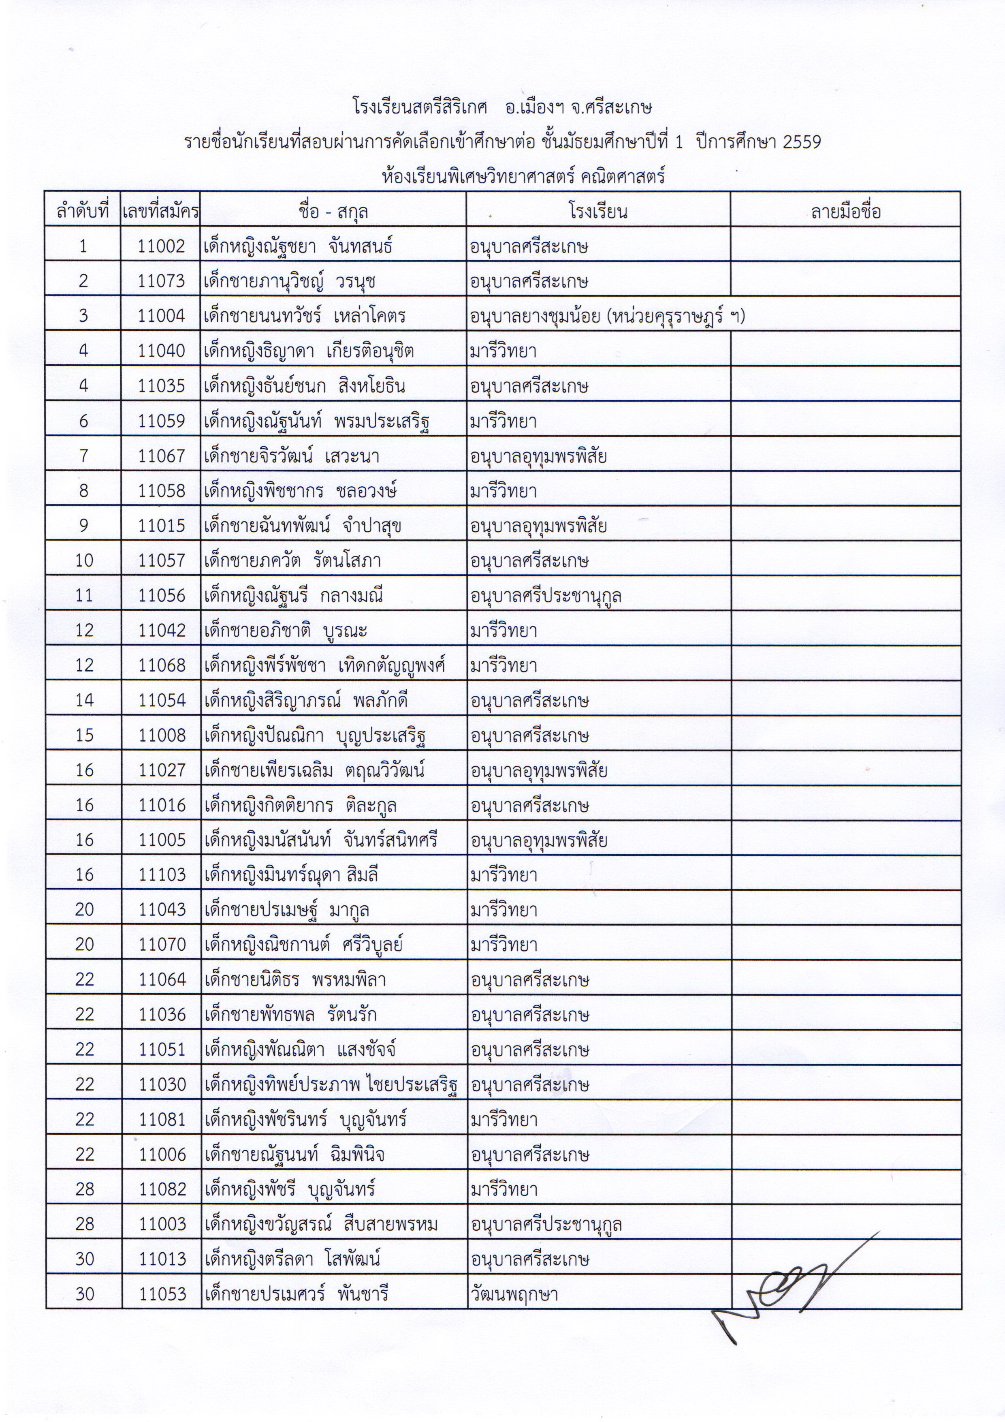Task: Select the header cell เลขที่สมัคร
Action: [x=161, y=212]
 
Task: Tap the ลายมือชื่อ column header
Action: [x=845, y=212]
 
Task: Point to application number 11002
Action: [x=161, y=246]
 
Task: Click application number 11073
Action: [x=161, y=281]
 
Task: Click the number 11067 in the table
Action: [x=161, y=456]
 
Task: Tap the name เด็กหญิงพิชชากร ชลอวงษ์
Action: [x=300, y=490]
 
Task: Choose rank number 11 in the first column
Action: [x=83, y=595]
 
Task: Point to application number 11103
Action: [x=161, y=875]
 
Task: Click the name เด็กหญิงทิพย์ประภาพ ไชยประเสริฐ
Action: [x=332, y=1084]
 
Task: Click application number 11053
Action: [x=161, y=1294]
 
